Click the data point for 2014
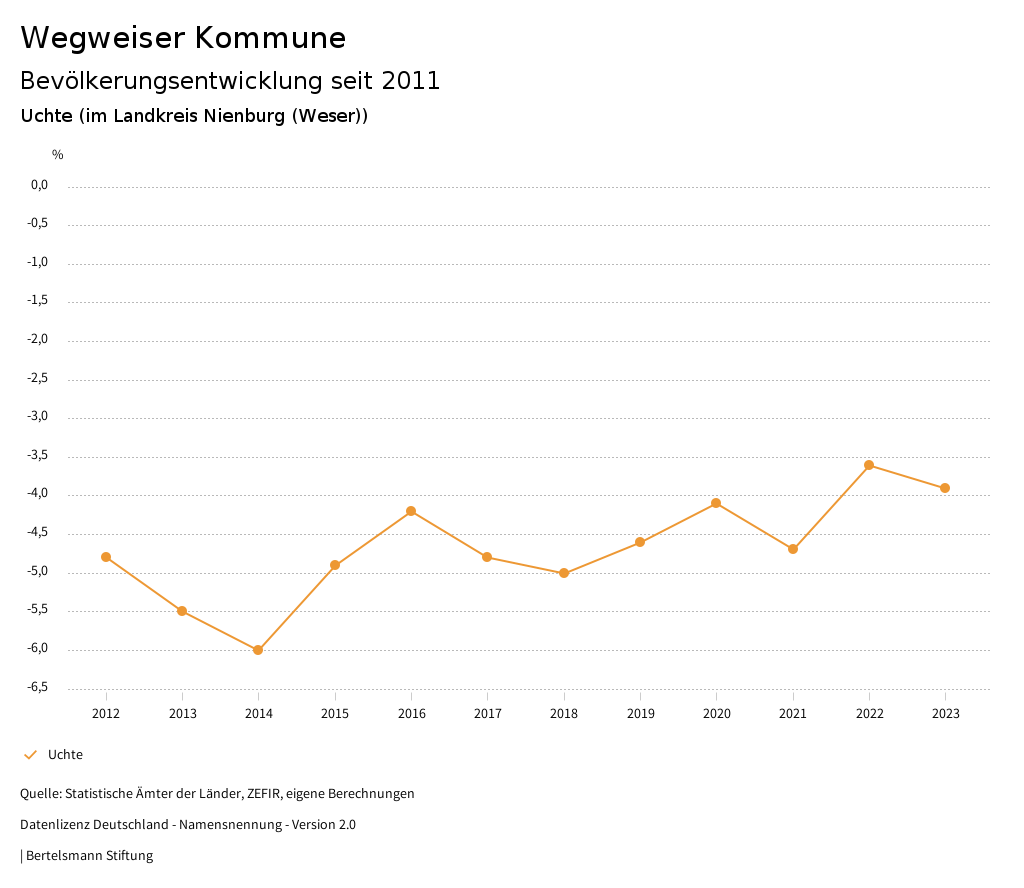(258, 650)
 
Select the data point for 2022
(869, 465)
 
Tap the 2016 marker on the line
(411, 511)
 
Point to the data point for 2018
(564, 573)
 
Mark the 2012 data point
(106, 557)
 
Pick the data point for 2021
(793, 549)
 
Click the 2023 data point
(945, 488)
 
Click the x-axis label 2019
(640, 714)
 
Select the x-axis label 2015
(335, 714)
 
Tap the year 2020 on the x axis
(717, 714)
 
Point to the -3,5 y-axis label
(39, 456)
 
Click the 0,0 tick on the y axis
(40, 186)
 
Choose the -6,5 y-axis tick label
(39, 688)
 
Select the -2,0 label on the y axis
(39, 340)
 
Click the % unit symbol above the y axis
(58, 155)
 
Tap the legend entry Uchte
(65, 755)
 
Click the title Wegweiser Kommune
(183, 38)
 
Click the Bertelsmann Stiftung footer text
(89, 856)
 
